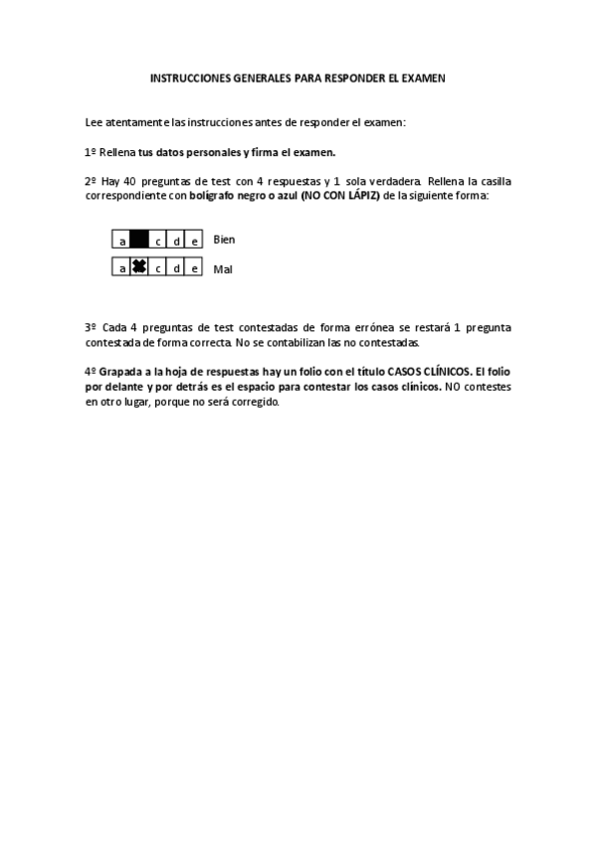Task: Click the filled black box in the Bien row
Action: [x=139, y=240]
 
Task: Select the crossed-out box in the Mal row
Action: [x=139, y=267]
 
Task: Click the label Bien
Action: [x=224, y=240]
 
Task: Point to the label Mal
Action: [x=222, y=267]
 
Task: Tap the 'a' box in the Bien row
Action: [x=121, y=240]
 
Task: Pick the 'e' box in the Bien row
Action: [x=194, y=240]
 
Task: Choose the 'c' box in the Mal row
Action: [x=158, y=267]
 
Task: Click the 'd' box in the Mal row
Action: [x=176, y=267]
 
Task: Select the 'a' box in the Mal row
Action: [x=121, y=267]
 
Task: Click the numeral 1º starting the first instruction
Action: [x=90, y=152]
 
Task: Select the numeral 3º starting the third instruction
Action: [x=90, y=327]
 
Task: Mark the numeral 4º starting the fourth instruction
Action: [x=90, y=370]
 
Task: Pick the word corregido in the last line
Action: [x=254, y=404]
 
